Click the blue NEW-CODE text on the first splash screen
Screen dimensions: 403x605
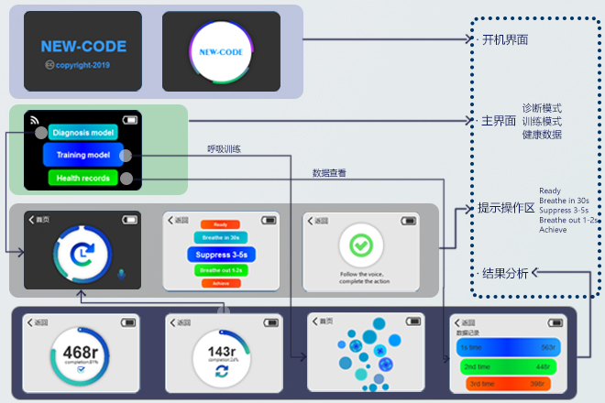pyautogui.click(x=83, y=46)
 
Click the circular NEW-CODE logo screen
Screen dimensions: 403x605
pyautogui.click(x=221, y=52)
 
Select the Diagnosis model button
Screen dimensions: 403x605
pyautogui.click(x=82, y=133)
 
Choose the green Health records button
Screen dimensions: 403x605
pyautogui.click(x=82, y=178)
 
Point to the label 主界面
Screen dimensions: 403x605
pyautogui.click(x=499, y=121)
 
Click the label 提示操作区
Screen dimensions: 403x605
pyautogui.click(x=506, y=208)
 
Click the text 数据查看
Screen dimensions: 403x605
pyautogui.click(x=329, y=172)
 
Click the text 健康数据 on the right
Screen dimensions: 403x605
pyautogui.click(x=542, y=135)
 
